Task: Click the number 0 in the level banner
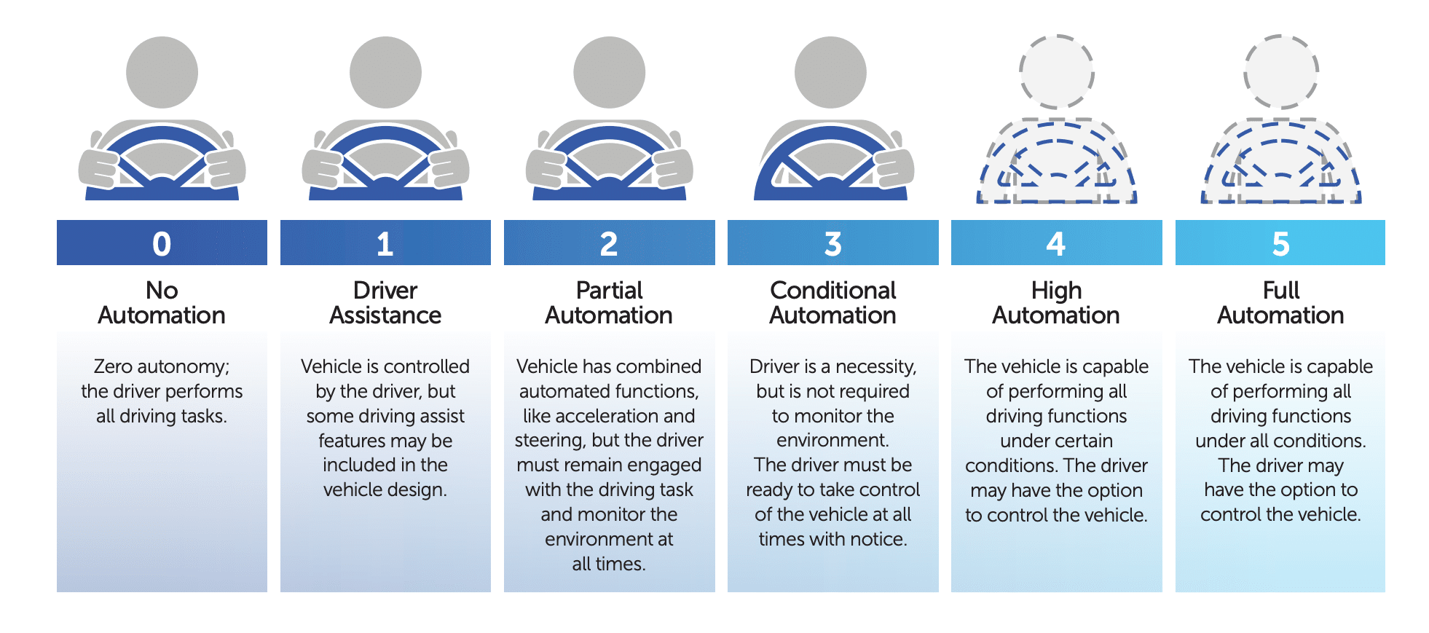coord(162,243)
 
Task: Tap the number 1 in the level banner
coord(385,243)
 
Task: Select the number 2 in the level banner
coord(609,243)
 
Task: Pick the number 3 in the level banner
coord(832,243)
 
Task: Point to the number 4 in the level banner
coord(1056,243)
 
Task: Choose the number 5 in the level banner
coord(1280,243)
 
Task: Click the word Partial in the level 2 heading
coord(609,291)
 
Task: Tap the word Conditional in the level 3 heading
coord(832,291)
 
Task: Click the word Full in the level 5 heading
coord(1280,291)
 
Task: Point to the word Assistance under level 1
coord(385,315)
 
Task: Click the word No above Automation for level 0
coord(162,291)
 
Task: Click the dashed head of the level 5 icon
coord(1280,71)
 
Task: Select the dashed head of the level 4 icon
coord(1056,71)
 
